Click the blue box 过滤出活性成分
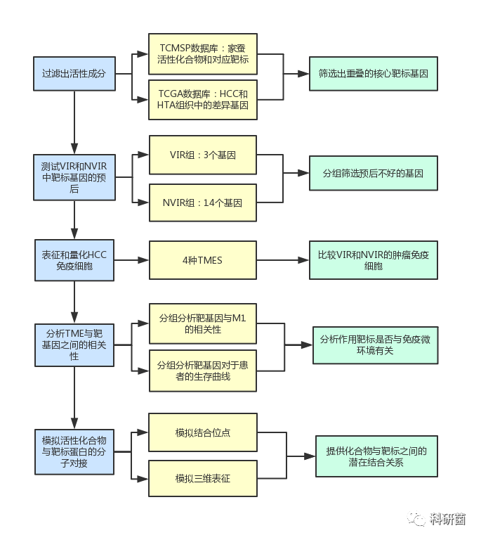(74, 72)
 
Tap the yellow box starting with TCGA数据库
(203, 99)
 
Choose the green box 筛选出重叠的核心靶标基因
(374, 72)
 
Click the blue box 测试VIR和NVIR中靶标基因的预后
(74, 176)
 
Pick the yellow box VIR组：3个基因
(203, 155)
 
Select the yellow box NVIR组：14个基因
(203, 202)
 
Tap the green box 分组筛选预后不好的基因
(374, 172)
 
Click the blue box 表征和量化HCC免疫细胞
(74, 260)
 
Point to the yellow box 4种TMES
(203, 260)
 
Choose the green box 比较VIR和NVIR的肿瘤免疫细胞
(374, 260)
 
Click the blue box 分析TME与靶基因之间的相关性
(74, 345)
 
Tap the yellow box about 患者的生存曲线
(203, 371)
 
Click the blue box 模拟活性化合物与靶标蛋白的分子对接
(74, 451)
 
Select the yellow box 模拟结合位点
(203, 432)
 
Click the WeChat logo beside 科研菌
(417, 519)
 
